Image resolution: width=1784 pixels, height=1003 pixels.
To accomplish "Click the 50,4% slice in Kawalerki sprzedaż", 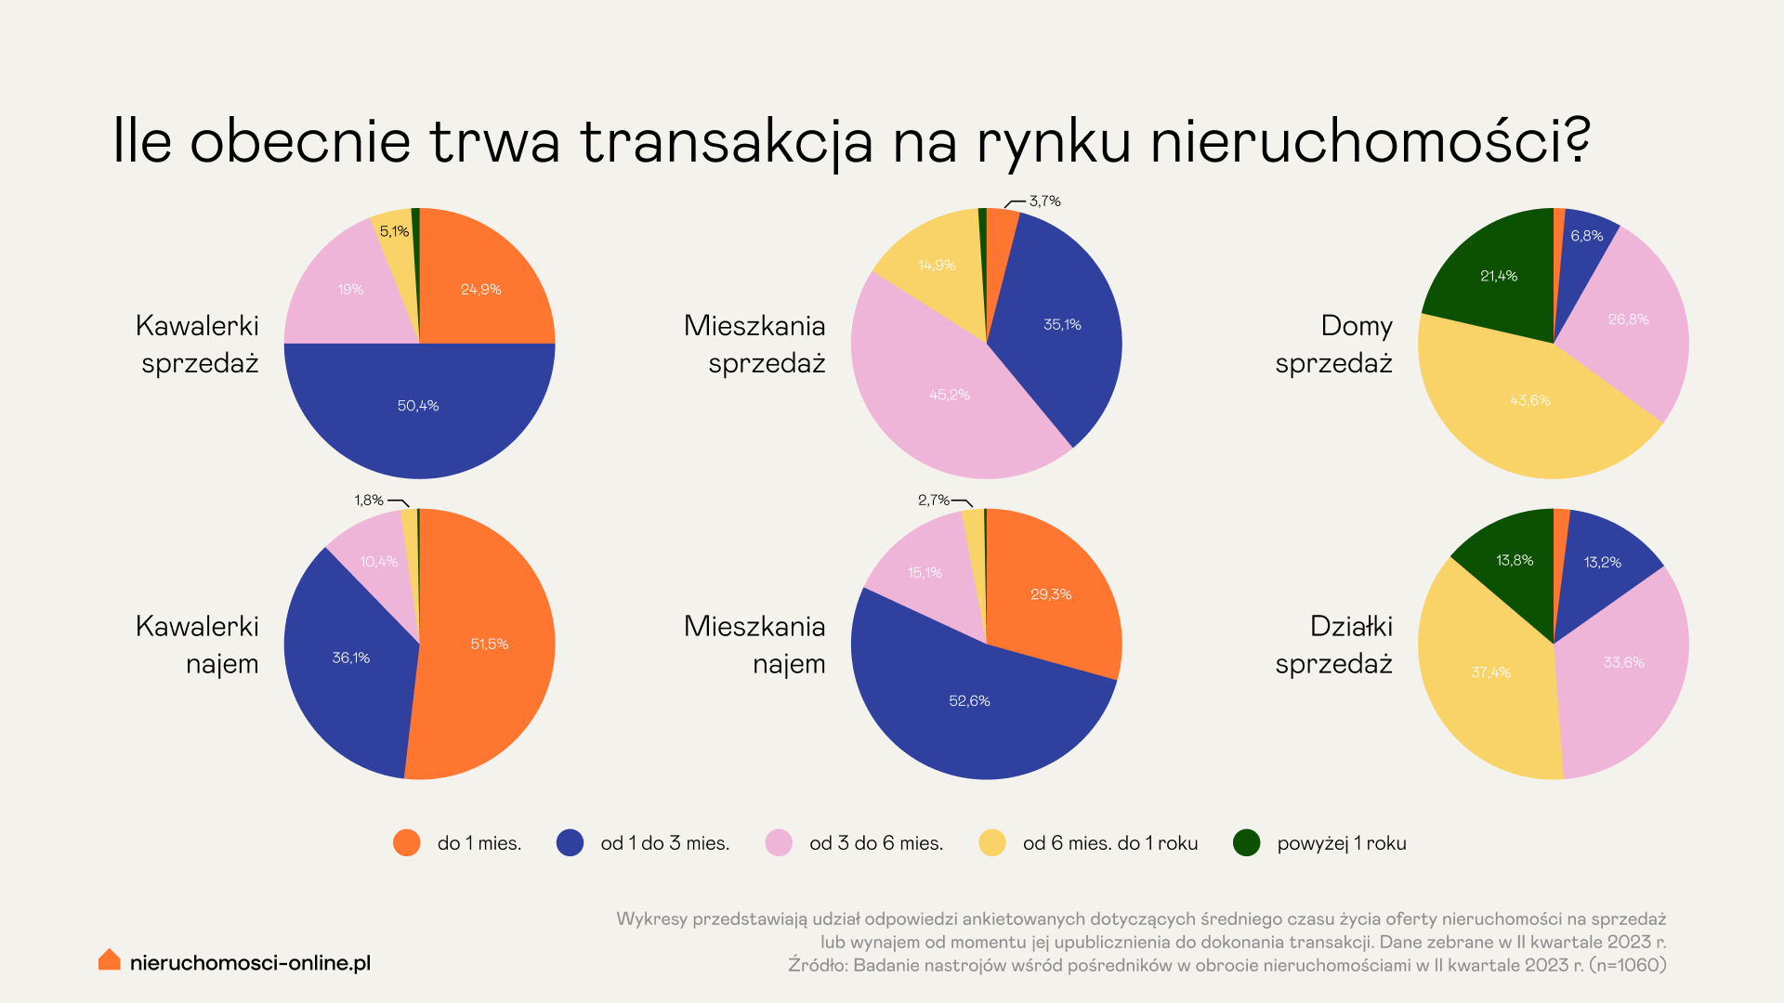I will coord(418,406).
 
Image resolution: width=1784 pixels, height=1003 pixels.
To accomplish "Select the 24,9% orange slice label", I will coord(480,290).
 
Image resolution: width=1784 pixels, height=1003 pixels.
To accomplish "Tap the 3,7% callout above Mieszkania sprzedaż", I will coord(1044,201).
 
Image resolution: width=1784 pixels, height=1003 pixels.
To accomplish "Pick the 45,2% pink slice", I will coord(949,395).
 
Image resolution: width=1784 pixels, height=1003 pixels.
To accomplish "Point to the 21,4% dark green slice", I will coord(1498,276).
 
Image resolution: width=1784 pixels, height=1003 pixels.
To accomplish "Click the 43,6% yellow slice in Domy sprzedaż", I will coord(1529,400).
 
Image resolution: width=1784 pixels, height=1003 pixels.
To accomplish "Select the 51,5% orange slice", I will coord(489,644).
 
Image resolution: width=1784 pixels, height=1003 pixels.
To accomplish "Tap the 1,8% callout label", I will coord(369,500).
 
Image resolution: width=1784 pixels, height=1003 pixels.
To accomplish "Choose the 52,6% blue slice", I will coord(969,701).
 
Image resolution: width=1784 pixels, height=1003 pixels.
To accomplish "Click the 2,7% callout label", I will coord(933,500).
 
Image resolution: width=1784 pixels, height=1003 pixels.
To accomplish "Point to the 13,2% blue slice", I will coord(1602,562).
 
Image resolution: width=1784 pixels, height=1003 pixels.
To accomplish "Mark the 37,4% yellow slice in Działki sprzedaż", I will coord(1490,672).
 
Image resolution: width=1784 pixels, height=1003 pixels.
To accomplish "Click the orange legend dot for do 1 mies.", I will coord(407,842).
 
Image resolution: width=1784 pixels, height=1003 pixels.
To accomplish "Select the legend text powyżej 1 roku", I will coord(1341,843).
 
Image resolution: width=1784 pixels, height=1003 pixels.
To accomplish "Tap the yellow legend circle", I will coord(992,842).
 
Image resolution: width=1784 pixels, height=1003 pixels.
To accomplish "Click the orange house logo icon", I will coord(110,960).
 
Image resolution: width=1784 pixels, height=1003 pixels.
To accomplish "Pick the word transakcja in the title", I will coord(727,142).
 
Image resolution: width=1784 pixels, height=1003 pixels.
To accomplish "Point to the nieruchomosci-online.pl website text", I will coord(250,963).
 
